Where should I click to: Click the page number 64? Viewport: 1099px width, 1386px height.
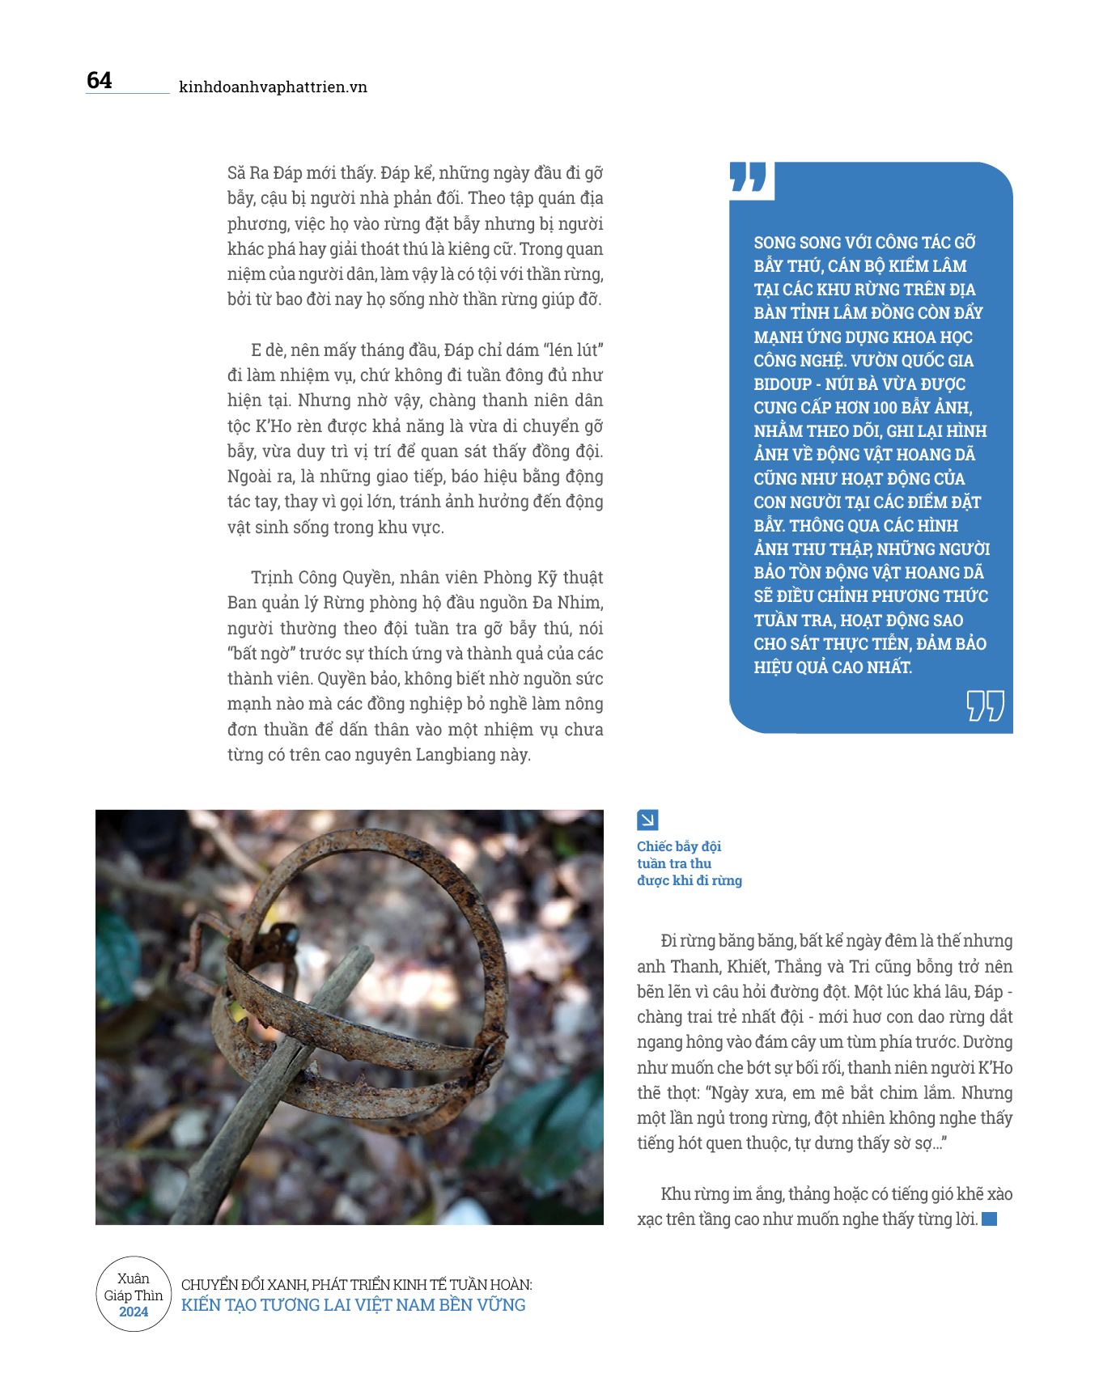tap(100, 80)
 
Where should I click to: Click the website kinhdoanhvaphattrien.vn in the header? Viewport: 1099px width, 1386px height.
tap(273, 87)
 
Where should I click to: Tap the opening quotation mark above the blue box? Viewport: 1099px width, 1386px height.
tap(748, 177)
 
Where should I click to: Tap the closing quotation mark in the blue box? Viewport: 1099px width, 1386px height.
tap(985, 706)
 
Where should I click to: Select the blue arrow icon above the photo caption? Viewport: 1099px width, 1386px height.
tap(647, 820)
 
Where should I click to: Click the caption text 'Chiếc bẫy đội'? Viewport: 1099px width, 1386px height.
tap(678, 846)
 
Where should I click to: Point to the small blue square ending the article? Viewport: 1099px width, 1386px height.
tap(989, 1219)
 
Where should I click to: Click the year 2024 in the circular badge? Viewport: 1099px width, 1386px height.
tap(134, 1312)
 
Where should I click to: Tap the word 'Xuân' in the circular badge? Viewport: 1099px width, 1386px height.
tap(134, 1278)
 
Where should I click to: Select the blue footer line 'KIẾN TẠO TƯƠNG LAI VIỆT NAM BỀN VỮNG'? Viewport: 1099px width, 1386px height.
tap(354, 1305)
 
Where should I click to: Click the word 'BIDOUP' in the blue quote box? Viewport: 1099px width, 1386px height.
tap(783, 384)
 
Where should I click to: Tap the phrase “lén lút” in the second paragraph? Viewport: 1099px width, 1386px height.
tap(574, 350)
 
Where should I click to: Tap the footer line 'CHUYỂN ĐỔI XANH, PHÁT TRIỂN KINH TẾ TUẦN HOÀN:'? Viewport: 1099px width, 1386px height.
tap(356, 1285)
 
